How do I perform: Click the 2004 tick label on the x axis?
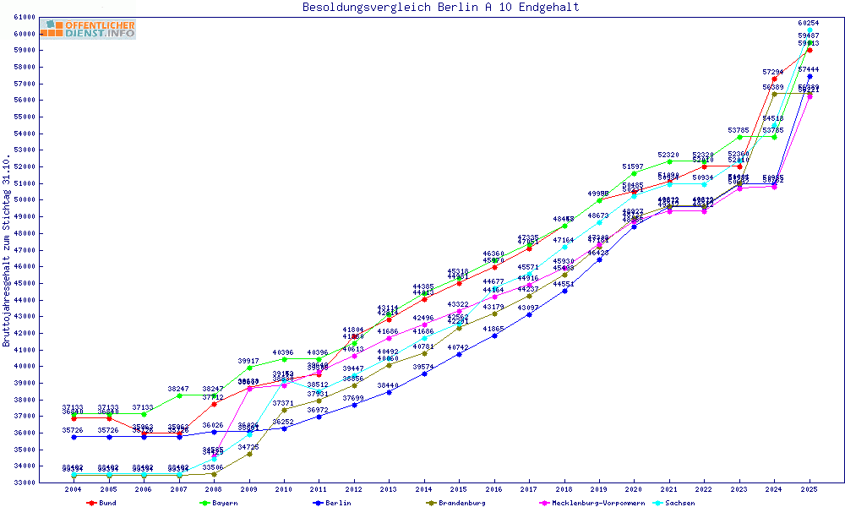coord(74,489)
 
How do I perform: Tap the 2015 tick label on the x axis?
coord(459,489)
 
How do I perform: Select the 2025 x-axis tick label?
coord(810,489)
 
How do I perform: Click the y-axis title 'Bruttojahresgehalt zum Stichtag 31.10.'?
coord(7,251)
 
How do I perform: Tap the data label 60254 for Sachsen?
coord(810,24)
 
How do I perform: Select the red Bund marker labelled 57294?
coord(774,79)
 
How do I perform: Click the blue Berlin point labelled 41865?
coord(494,335)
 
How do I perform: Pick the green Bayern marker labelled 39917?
coord(248,368)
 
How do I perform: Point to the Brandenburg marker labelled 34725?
coord(249,454)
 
